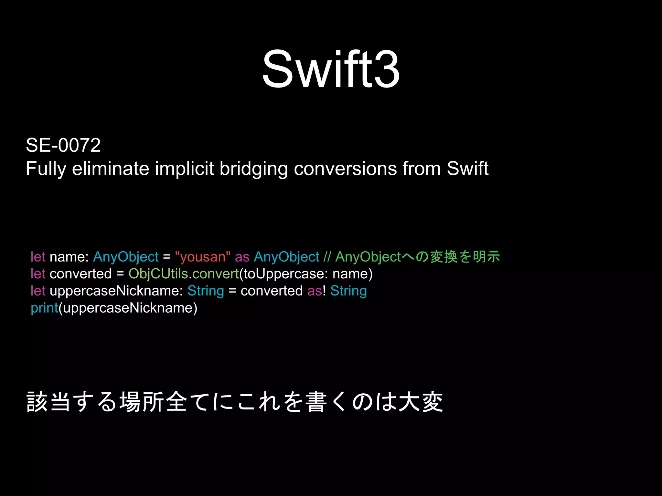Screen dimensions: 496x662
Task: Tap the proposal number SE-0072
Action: [63, 145]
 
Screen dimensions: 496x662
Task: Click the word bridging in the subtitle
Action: [253, 169]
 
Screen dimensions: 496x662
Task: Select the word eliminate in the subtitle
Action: [111, 169]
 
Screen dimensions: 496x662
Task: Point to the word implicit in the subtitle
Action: [184, 169]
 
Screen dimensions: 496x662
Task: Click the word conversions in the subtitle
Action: [345, 169]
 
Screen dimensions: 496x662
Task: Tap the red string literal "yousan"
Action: [203, 257]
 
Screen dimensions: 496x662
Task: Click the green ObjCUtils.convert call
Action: [184, 274]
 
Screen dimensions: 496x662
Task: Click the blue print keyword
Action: [44, 308]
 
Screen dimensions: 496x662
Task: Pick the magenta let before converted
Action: [38, 274]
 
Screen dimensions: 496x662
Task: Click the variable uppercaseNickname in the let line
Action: [114, 291]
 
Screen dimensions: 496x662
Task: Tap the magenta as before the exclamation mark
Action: [314, 291]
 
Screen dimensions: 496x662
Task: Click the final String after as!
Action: [348, 291]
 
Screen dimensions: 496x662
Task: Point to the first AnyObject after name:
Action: [126, 257]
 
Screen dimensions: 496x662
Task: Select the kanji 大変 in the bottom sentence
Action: [421, 402]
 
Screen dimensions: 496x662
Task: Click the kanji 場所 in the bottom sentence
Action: [142, 402]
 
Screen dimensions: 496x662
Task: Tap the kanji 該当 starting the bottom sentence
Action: [48, 402]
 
